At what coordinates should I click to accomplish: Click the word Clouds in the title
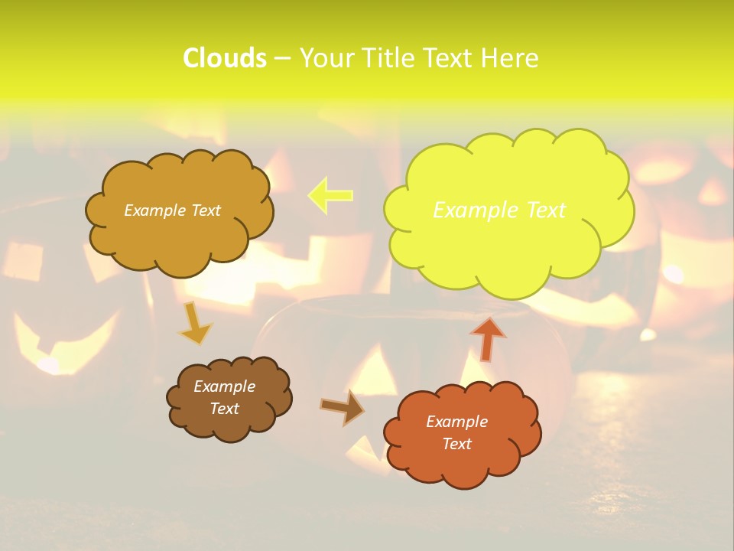pyautogui.click(x=225, y=58)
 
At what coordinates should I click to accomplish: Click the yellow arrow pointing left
pyautogui.click(x=330, y=195)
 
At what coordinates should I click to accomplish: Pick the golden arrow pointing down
pyautogui.click(x=195, y=324)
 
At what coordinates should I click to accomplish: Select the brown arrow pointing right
pyautogui.click(x=343, y=407)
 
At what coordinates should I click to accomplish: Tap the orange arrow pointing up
pyautogui.click(x=488, y=338)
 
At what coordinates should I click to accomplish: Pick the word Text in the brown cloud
pyautogui.click(x=224, y=409)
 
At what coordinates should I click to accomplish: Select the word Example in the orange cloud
pyautogui.click(x=456, y=422)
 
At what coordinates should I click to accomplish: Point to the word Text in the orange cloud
pyautogui.click(x=456, y=444)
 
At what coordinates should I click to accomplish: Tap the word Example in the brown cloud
pyautogui.click(x=224, y=386)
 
